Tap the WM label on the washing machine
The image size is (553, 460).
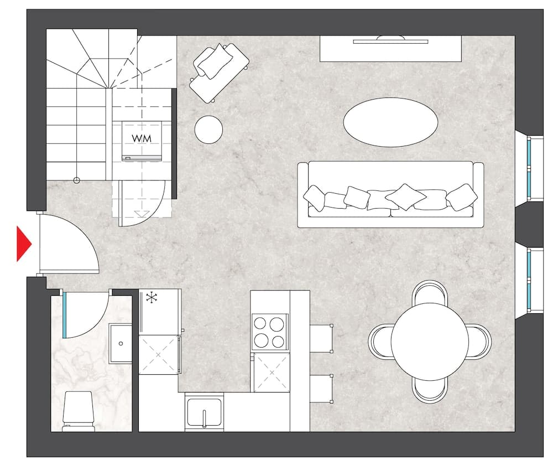tap(142, 138)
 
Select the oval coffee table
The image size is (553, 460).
tap(390, 122)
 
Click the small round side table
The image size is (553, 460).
tap(209, 130)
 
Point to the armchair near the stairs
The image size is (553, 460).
tap(218, 73)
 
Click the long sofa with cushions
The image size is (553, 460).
tap(390, 194)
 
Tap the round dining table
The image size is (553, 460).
tap(430, 342)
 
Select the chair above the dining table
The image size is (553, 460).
tap(430, 292)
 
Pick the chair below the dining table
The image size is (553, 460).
tap(430, 390)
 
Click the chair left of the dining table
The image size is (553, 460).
tap(380, 342)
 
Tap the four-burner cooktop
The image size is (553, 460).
tap(269, 332)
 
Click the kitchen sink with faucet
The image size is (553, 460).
tap(204, 412)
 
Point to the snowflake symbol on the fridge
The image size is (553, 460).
tap(152, 298)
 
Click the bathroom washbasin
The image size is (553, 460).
tap(120, 343)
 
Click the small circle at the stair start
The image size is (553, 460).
tap(76, 180)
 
